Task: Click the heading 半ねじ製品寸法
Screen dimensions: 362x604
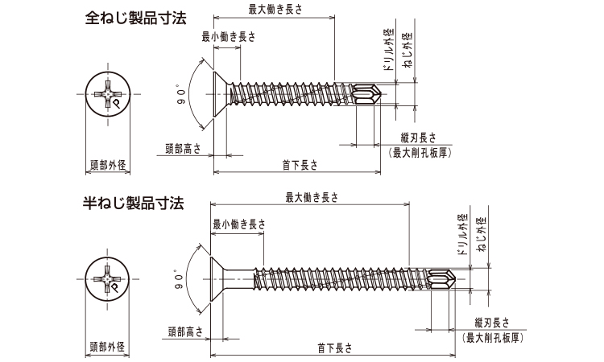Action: pos(134,201)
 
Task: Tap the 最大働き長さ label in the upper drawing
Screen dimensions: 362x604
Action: pos(275,9)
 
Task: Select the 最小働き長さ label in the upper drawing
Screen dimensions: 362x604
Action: pos(229,35)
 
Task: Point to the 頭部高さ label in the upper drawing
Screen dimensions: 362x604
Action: pos(183,147)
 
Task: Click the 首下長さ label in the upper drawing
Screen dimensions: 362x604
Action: pos(300,165)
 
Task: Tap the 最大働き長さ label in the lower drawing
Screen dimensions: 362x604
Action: pos(312,196)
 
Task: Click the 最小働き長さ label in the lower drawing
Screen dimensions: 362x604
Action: pos(238,224)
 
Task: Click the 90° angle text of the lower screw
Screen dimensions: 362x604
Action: pos(180,282)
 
